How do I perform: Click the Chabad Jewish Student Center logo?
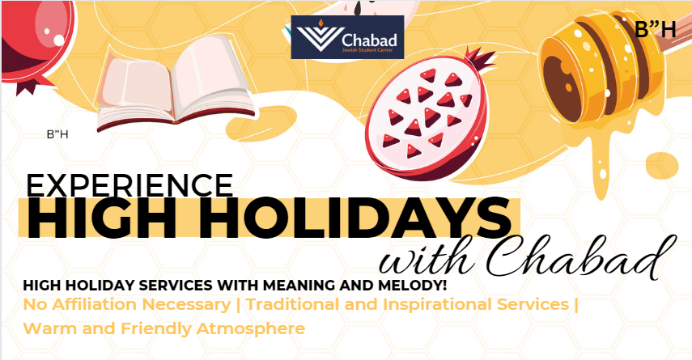coord(347,37)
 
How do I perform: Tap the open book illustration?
coord(175,83)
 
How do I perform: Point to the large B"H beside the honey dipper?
coord(656,30)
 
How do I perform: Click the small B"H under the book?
coord(57,134)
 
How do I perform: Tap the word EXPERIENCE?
coord(129,184)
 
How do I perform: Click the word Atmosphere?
coord(251,329)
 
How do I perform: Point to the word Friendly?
coord(156,329)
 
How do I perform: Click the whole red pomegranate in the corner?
coord(36,42)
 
